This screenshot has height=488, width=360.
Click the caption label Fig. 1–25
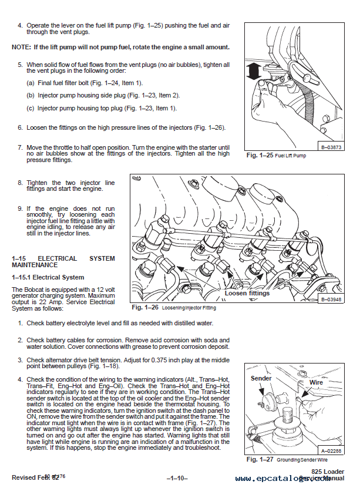point(259,156)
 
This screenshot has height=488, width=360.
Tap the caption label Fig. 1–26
point(144,307)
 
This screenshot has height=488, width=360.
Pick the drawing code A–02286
point(332,450)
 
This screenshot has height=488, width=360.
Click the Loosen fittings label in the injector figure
point(247,293)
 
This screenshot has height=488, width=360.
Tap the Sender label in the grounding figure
point(261,378)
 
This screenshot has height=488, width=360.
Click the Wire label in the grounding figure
point(317,382)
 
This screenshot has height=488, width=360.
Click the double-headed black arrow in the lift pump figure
point(254,72)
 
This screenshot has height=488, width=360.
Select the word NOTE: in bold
point(22,46)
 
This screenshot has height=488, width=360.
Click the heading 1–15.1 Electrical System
point(48,277)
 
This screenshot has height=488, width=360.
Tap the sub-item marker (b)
point(31,95)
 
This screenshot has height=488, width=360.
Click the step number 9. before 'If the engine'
point(20,208)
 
